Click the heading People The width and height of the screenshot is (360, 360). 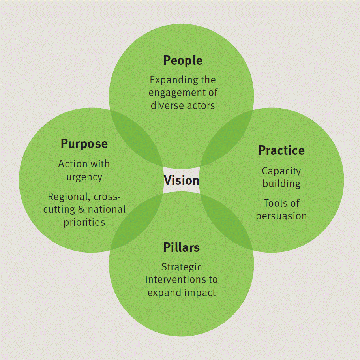[183, 61]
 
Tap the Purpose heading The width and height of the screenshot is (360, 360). [84, 144]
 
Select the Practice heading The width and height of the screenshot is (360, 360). [281, 150]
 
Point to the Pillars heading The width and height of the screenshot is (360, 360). [181, 247]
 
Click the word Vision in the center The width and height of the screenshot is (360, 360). [181, 180]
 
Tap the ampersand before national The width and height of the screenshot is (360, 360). [81, 209]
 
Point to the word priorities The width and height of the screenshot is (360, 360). [84, 223]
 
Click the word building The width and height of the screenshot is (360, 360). [281, 184]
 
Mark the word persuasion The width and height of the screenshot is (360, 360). [281, 216]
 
